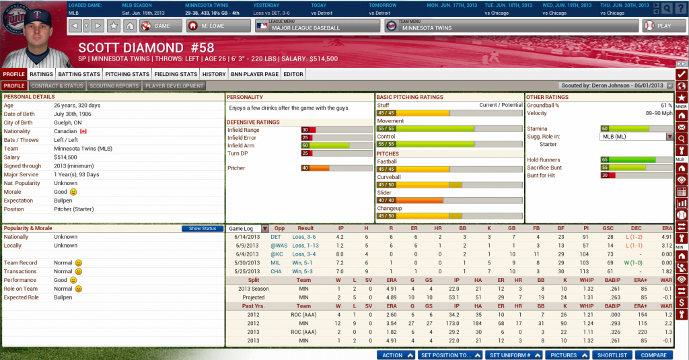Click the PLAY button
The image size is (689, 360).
658,26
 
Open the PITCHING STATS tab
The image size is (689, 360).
127,74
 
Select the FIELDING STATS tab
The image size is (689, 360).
175,74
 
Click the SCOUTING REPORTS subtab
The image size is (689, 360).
114,86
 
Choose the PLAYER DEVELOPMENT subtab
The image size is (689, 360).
174,86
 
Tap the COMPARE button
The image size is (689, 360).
653,355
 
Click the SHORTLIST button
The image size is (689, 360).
612,355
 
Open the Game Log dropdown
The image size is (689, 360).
248,229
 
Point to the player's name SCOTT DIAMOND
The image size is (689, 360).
131,48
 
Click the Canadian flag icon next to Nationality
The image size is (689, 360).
84,131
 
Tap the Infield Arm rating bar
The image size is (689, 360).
335,145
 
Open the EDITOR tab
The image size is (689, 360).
293,74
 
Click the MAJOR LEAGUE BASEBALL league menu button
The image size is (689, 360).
316,26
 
